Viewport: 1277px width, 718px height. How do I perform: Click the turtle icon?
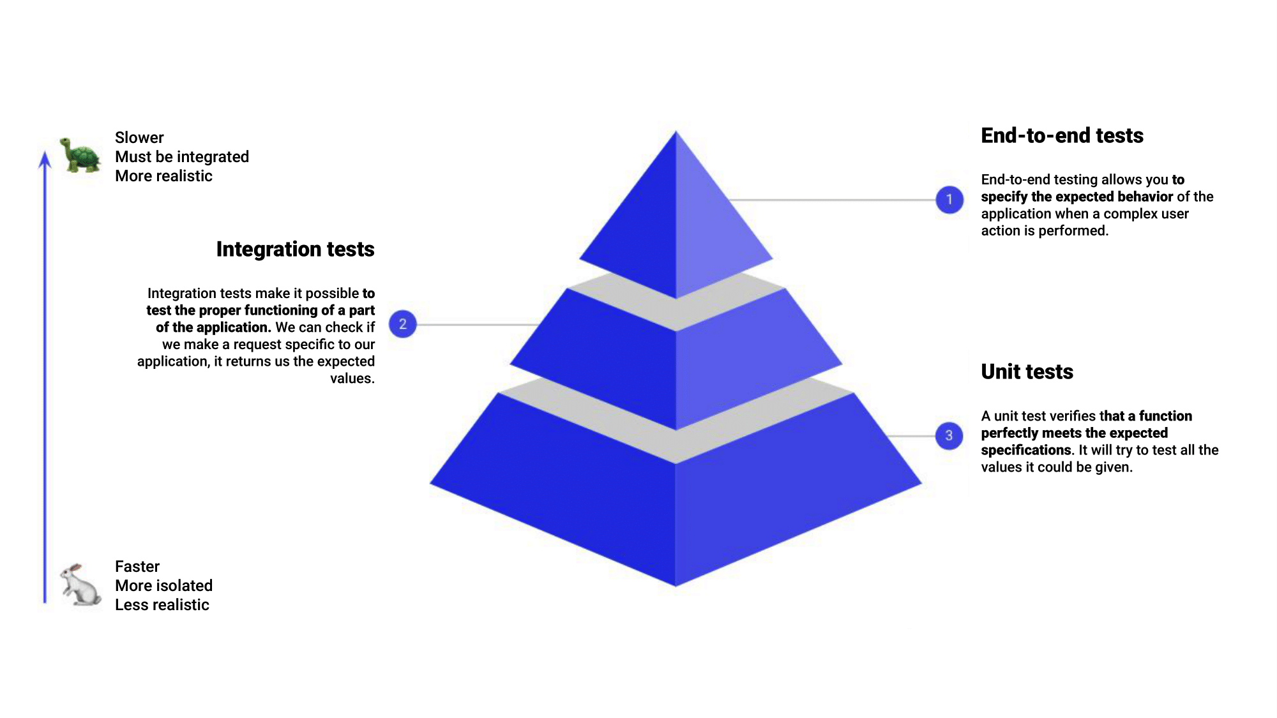coord(80,155)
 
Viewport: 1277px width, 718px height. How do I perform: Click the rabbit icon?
coord(80,584)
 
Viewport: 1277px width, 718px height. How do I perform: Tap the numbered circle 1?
coord(949,200)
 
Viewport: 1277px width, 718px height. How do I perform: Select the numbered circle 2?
coord(402,324)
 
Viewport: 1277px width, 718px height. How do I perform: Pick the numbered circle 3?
coord(949,436)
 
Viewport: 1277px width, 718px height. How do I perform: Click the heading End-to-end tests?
coord(1062,136)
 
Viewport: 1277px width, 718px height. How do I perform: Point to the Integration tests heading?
coord(295,249)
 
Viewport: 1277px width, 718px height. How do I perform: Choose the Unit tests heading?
coord(1027,371)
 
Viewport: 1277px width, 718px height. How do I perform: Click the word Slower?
coord(139,138)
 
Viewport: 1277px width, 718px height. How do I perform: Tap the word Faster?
coord(137,567)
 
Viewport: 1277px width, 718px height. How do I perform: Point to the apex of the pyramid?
coord(676,133)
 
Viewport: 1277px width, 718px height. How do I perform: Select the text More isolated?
coord(163,586)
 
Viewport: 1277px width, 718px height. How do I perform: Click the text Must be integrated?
coord(182,157)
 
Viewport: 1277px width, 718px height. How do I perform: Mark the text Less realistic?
coord(162,605)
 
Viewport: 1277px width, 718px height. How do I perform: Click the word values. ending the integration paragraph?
coord(352,378)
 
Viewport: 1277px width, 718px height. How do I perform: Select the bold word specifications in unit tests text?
coord(1026,451)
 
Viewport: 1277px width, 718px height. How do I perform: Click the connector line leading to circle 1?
coord(830,200)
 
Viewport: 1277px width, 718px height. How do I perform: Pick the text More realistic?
coord(163,176)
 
